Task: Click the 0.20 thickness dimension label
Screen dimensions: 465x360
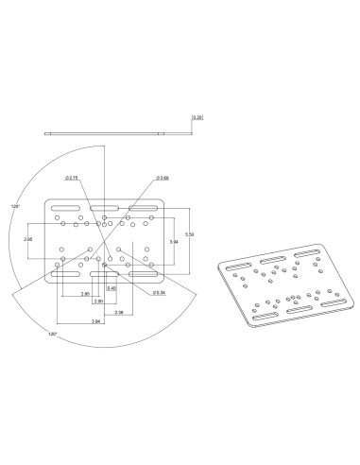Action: [x=197, y=117]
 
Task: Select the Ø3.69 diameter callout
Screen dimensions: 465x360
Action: [x=163, y=178]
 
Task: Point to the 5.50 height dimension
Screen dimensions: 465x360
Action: [x=190, y=233]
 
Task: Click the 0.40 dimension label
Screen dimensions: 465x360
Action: [x=111, y=287]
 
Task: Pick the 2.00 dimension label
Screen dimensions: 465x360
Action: [x=98, y=301]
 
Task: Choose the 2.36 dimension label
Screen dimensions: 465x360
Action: [x=118, y=312]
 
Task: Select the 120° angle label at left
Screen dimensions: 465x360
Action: [x=14, y=205]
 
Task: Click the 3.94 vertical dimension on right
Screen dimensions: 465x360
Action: [x=172, y=242]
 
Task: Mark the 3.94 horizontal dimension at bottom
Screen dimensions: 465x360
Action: [x=96, y=322]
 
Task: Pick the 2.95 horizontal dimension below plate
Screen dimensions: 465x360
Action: [x=85, y=294]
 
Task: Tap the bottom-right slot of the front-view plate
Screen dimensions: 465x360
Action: [x=143, y=273]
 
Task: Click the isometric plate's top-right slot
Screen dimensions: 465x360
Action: [x=308, y=255]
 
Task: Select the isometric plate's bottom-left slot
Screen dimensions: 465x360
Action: [x=266, y=317]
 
